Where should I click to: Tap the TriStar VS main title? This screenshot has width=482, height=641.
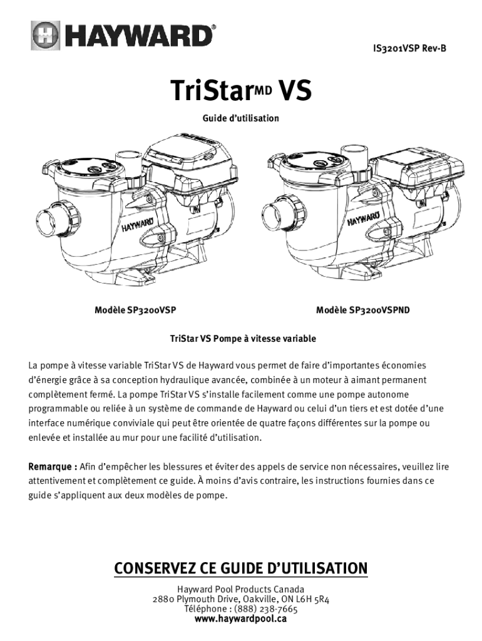[x=240, y=91]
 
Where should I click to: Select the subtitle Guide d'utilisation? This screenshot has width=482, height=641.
[x=241, y=118]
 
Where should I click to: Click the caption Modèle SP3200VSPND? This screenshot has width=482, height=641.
[x=363, y=310]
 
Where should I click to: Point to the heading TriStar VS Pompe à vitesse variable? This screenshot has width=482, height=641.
[x=243, y=339]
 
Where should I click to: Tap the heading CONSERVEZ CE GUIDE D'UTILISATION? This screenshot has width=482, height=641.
[x=241, y=568]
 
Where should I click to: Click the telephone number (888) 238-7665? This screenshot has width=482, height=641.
[x=267, y=609]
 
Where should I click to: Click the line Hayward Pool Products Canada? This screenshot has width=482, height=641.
[x=241, y=589]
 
